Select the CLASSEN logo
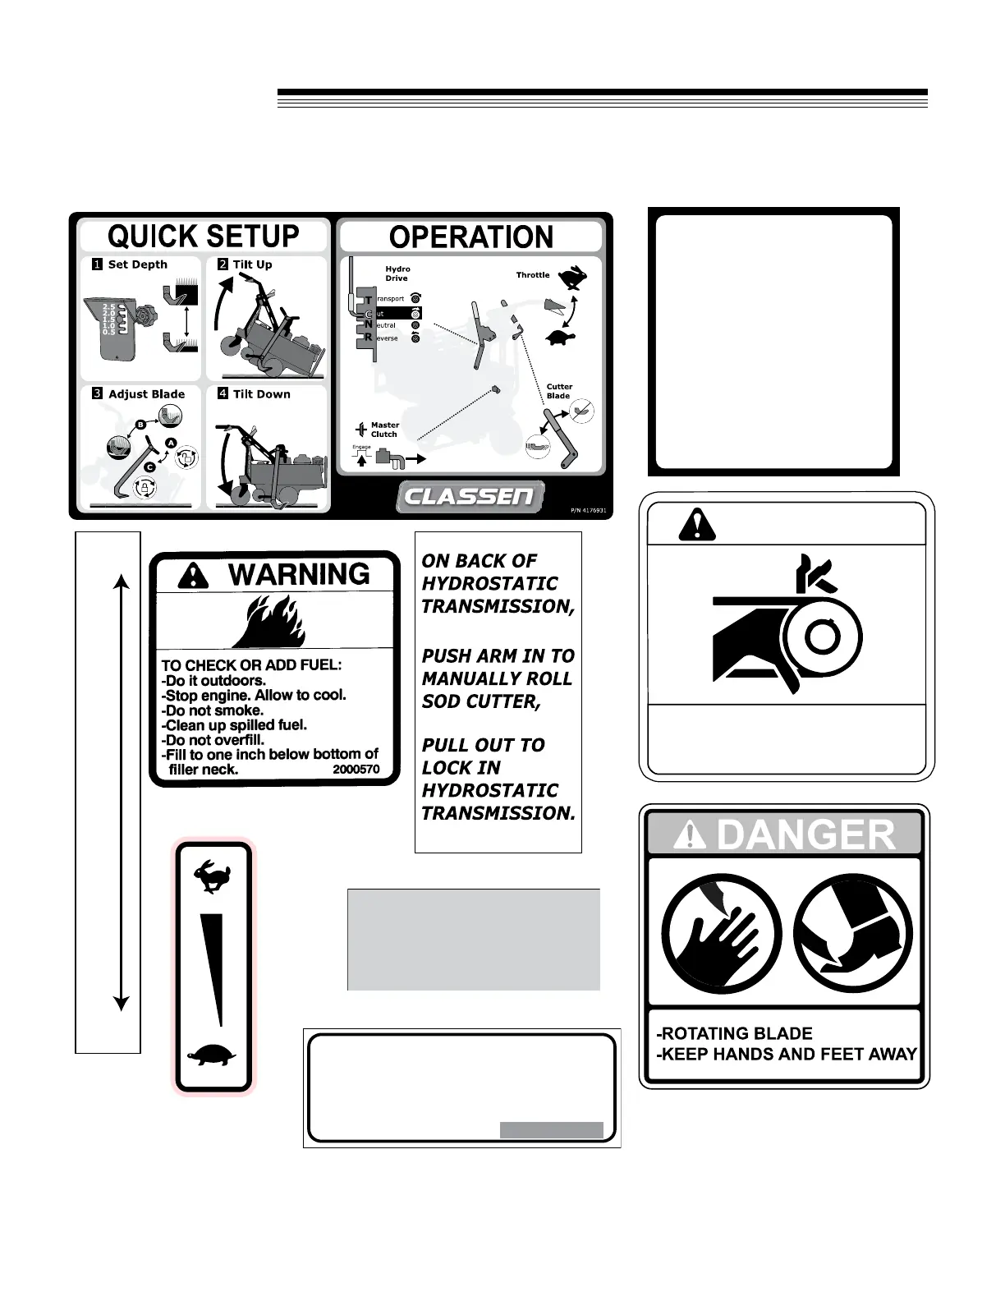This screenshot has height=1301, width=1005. [x=470, y=496]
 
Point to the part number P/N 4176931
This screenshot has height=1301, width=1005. [x=588, y=510]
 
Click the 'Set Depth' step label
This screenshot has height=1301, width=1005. [x=137, y=264]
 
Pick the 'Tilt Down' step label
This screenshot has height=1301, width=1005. [x=261, y=394]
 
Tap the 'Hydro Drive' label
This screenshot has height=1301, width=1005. [x=397, y=274]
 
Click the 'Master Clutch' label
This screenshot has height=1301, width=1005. [x=384, y=430]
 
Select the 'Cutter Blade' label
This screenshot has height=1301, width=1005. [x=559, y=391]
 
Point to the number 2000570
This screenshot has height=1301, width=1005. [x=356, y=770]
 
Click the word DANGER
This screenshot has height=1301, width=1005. [x=805, y=835]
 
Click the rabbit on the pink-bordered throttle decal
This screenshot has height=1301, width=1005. [x=213, y=876]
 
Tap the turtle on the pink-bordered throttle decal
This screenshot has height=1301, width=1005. [x=213, y=1055]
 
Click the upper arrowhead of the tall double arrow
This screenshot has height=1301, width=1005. [x=122, y=582]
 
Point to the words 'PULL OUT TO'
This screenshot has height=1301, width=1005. [x=483, y=745]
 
